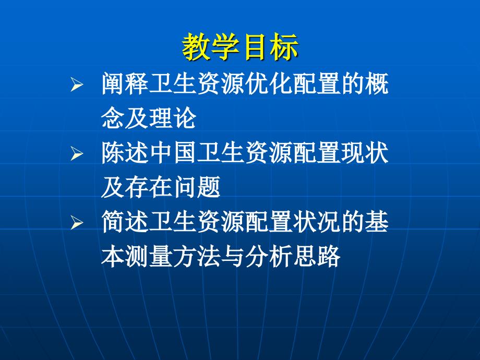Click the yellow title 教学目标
240,47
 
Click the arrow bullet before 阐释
77,84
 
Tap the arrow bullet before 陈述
77,153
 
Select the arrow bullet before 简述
77,223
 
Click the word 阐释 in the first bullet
125,83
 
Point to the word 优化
269,83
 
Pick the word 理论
173,118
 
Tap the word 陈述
125,153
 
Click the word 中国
173,153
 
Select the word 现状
365,153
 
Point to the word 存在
149,187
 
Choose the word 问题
197,187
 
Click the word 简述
125,222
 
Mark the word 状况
317,222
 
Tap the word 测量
149,256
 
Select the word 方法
197,256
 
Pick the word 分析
269,256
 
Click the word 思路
317,256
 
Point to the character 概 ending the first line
377,83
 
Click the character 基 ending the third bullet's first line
377,222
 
